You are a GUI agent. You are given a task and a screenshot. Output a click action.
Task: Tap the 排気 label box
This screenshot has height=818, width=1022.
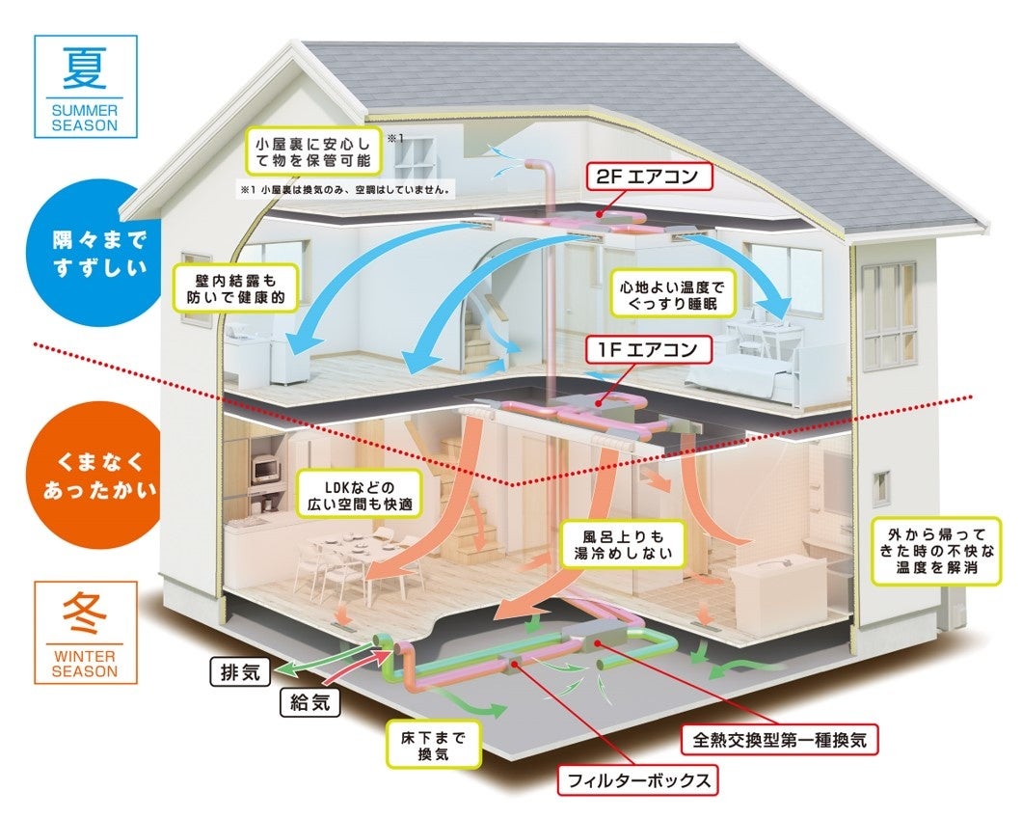pyautogui.click(x=237, y=671)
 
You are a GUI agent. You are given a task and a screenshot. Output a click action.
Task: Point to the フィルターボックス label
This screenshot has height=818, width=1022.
pyautogui.click(x=638, y=778)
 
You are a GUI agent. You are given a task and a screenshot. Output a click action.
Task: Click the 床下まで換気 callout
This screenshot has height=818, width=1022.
pyautogui.click(x=433, y=746)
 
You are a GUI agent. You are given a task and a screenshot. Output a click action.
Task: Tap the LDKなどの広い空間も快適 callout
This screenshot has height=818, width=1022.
pyautogui.click(x=358, y=492)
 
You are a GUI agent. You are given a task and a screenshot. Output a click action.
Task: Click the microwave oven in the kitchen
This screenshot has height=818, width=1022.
pyautogui.click(x=265, y=471)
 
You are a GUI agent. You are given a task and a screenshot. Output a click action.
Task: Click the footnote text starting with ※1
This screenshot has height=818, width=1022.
pyautogui.click(x=344, y=189)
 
